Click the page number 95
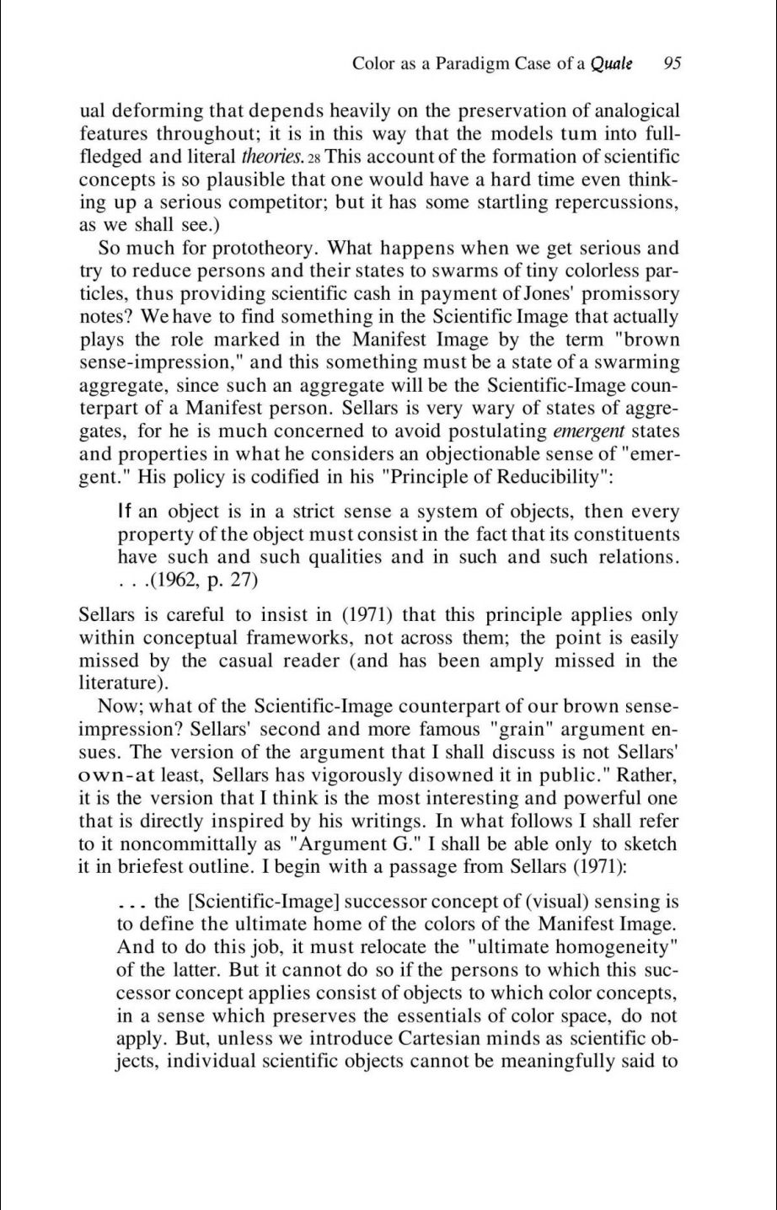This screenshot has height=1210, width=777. tap(672, 63)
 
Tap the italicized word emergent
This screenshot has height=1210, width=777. tap(589, 431)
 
